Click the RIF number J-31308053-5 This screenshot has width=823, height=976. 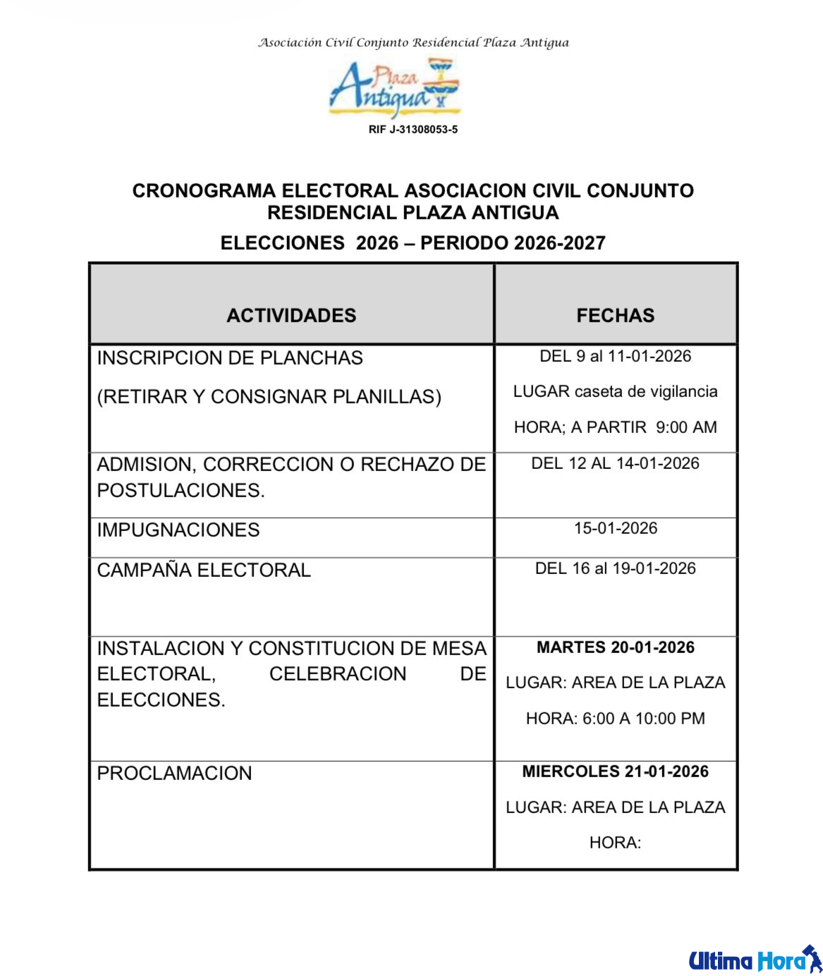point(413,130)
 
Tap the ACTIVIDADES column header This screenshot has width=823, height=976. point(291,315)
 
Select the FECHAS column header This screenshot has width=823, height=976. point(615,315)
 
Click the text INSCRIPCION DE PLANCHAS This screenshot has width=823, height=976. point(230,358)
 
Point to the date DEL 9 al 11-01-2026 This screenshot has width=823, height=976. point(615,356)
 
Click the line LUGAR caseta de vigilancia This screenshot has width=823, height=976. point(615,391)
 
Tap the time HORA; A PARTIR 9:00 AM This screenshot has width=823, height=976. point(615,427)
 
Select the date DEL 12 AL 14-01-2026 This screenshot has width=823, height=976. point(615,463)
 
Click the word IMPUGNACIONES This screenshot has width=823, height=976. point(178,530)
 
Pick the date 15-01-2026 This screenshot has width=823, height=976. point(615,528)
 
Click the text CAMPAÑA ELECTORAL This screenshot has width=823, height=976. point(204,570)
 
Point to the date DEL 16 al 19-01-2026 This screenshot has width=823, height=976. point(615,568)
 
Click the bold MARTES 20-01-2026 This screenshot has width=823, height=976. point(615,647)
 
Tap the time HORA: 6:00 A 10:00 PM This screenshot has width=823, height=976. point(615,719)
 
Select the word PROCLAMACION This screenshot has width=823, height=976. point(174,774)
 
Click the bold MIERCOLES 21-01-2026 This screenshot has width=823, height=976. point(615,771)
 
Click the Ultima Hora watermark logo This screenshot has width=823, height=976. point(755,960)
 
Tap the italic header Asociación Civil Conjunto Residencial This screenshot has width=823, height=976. point(413,43)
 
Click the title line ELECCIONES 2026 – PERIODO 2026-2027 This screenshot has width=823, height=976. point(413,243)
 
